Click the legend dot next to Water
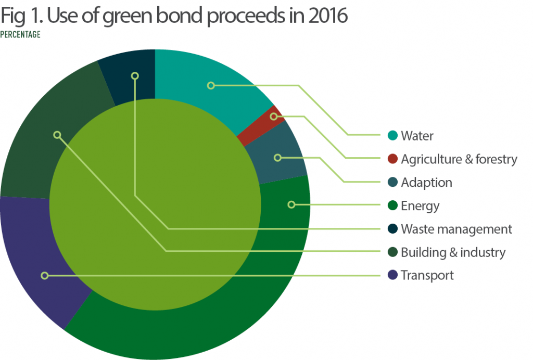[x=393, y=136]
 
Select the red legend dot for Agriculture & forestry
[x=393, y=159]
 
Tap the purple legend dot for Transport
[x=393, y=275]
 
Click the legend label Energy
[x=420, y=206]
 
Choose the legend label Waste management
[x=456, y=229]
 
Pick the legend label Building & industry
[x=453, y=252]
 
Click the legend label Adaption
[x=426, y=183]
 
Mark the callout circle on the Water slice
[x=211, y=85]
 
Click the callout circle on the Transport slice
[x=45, y=275]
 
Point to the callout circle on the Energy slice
[x=291, y=205]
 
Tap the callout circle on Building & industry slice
[x=57, y=135]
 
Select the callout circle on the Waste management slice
[x=135, y=76]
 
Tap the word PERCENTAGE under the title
[x=20, y=35]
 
